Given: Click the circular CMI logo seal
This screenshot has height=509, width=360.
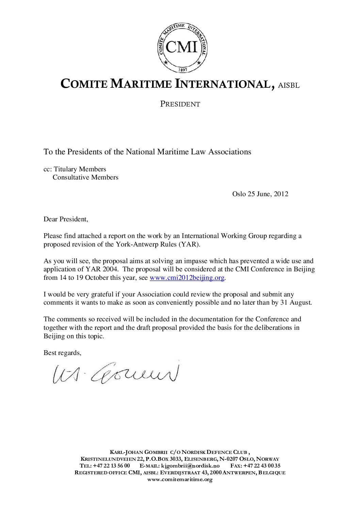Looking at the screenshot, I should point(182,48).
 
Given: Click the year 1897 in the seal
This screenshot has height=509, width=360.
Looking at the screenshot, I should point(182,69).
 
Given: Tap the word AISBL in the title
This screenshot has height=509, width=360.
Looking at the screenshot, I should point(289,85).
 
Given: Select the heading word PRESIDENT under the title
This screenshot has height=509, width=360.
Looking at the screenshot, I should point(180,104).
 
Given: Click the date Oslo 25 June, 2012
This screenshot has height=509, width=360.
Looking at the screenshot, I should point(260,194).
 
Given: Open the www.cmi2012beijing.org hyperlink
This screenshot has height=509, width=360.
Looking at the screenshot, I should point(187,278).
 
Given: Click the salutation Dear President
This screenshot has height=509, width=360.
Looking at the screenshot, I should point(66,219).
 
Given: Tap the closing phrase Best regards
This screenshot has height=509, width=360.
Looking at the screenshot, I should point(62,353).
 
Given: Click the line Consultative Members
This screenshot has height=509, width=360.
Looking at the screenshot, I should point(85,177).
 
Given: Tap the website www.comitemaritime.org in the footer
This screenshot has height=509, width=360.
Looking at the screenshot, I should point(180,480).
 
